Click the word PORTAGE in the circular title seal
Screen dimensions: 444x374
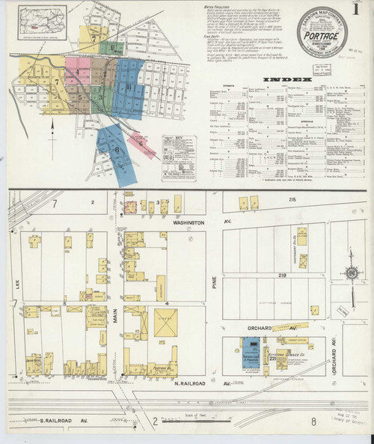point(322,37)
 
